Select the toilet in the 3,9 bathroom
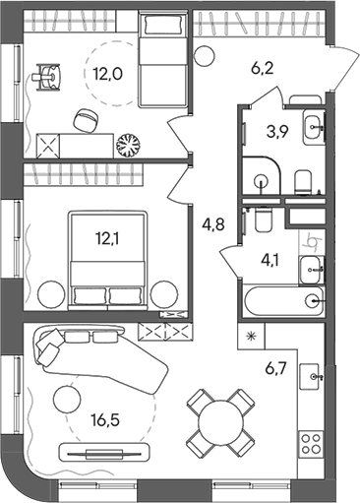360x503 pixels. pos(303,179)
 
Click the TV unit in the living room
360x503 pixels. pos(96,453)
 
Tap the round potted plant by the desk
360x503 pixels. pos(128,145)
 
